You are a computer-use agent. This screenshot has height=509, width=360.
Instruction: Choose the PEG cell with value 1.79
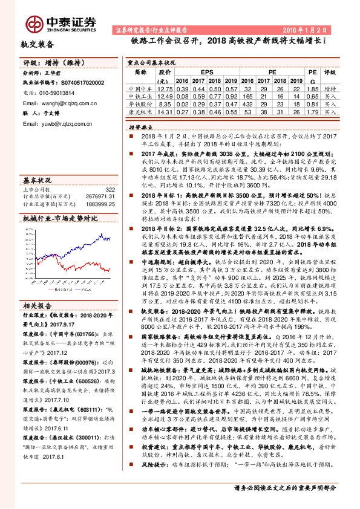point(312,111)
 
